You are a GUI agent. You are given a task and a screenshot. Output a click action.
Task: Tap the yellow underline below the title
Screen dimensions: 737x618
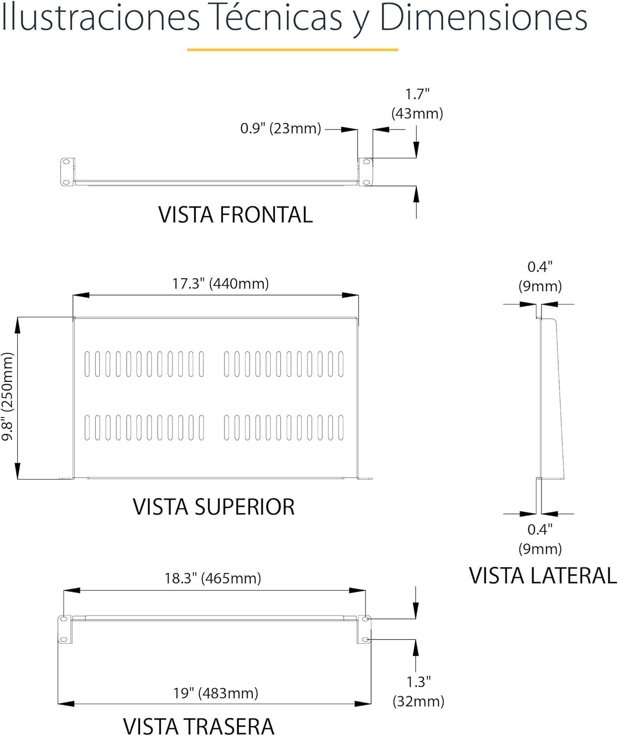pos(292,50)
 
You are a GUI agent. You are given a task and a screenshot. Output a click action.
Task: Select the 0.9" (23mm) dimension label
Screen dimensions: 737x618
pos(281,129)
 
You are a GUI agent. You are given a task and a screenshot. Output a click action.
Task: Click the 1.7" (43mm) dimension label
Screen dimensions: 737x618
pos(417,104)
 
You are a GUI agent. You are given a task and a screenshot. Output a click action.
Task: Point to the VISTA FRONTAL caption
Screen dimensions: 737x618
pos(235,215)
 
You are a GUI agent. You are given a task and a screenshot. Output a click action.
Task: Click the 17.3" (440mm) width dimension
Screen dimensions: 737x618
pos(220,284)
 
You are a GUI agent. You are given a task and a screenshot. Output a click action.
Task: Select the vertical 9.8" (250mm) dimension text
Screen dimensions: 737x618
pos(8,397)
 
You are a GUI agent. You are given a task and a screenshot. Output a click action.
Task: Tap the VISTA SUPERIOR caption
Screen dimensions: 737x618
pos(214,507)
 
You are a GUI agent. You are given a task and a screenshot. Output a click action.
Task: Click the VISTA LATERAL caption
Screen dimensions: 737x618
pos(543,576)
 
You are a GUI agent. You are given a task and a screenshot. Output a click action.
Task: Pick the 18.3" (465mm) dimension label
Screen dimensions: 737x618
pos(212,578)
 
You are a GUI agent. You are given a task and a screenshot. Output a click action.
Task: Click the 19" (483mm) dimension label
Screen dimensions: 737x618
pos(215,693)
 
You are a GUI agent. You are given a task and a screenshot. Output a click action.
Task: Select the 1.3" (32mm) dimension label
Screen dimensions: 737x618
pos(418,691)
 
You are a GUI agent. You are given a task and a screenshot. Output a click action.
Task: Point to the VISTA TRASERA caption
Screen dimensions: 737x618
pos(198,726)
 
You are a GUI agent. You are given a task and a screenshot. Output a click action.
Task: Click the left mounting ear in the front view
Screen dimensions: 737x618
pos(66,171)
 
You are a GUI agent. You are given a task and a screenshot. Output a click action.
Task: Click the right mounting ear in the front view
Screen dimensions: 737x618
pos(365,172)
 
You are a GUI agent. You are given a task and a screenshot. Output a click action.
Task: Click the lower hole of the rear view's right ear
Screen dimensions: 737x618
pos(365,639)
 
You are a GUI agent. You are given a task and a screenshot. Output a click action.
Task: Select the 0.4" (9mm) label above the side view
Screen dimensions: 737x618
pos(540,277)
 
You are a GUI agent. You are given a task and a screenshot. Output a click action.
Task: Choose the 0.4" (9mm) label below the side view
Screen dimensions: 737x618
pos(540,539)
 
